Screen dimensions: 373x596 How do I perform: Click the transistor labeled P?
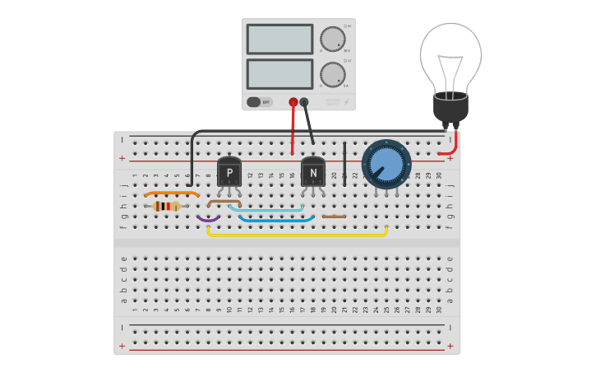coord(229,172)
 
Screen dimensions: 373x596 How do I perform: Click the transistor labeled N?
coord(313,172)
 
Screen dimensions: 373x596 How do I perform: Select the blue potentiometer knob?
coord(386,165)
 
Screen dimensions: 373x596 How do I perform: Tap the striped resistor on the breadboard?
coord(167,206)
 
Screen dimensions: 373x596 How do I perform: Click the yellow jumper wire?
coord(296,235)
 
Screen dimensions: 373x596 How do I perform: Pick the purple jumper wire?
coord(208,219)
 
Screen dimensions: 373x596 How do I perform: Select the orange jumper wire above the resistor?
coord(171,193)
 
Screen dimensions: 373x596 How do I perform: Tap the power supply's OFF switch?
coord(259,102)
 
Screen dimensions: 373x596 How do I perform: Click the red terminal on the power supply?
coord(293,102)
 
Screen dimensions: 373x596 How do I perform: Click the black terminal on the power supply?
coord(304,102)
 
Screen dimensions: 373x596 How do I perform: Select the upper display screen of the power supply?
coord(280,39)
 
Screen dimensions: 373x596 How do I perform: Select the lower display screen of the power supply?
coord(280,74)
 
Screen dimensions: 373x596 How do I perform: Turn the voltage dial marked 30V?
coord(332,39)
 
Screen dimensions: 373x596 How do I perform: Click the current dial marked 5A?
coord(332,74)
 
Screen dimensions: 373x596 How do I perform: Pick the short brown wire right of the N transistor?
coord(334,217)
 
